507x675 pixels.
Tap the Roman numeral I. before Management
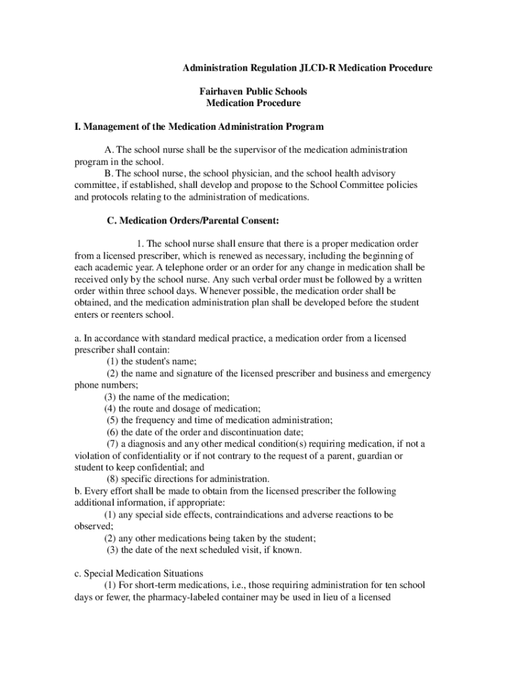coord(77,126)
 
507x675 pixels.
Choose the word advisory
coord(377,173)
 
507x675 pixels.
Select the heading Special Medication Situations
coord(144,573)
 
